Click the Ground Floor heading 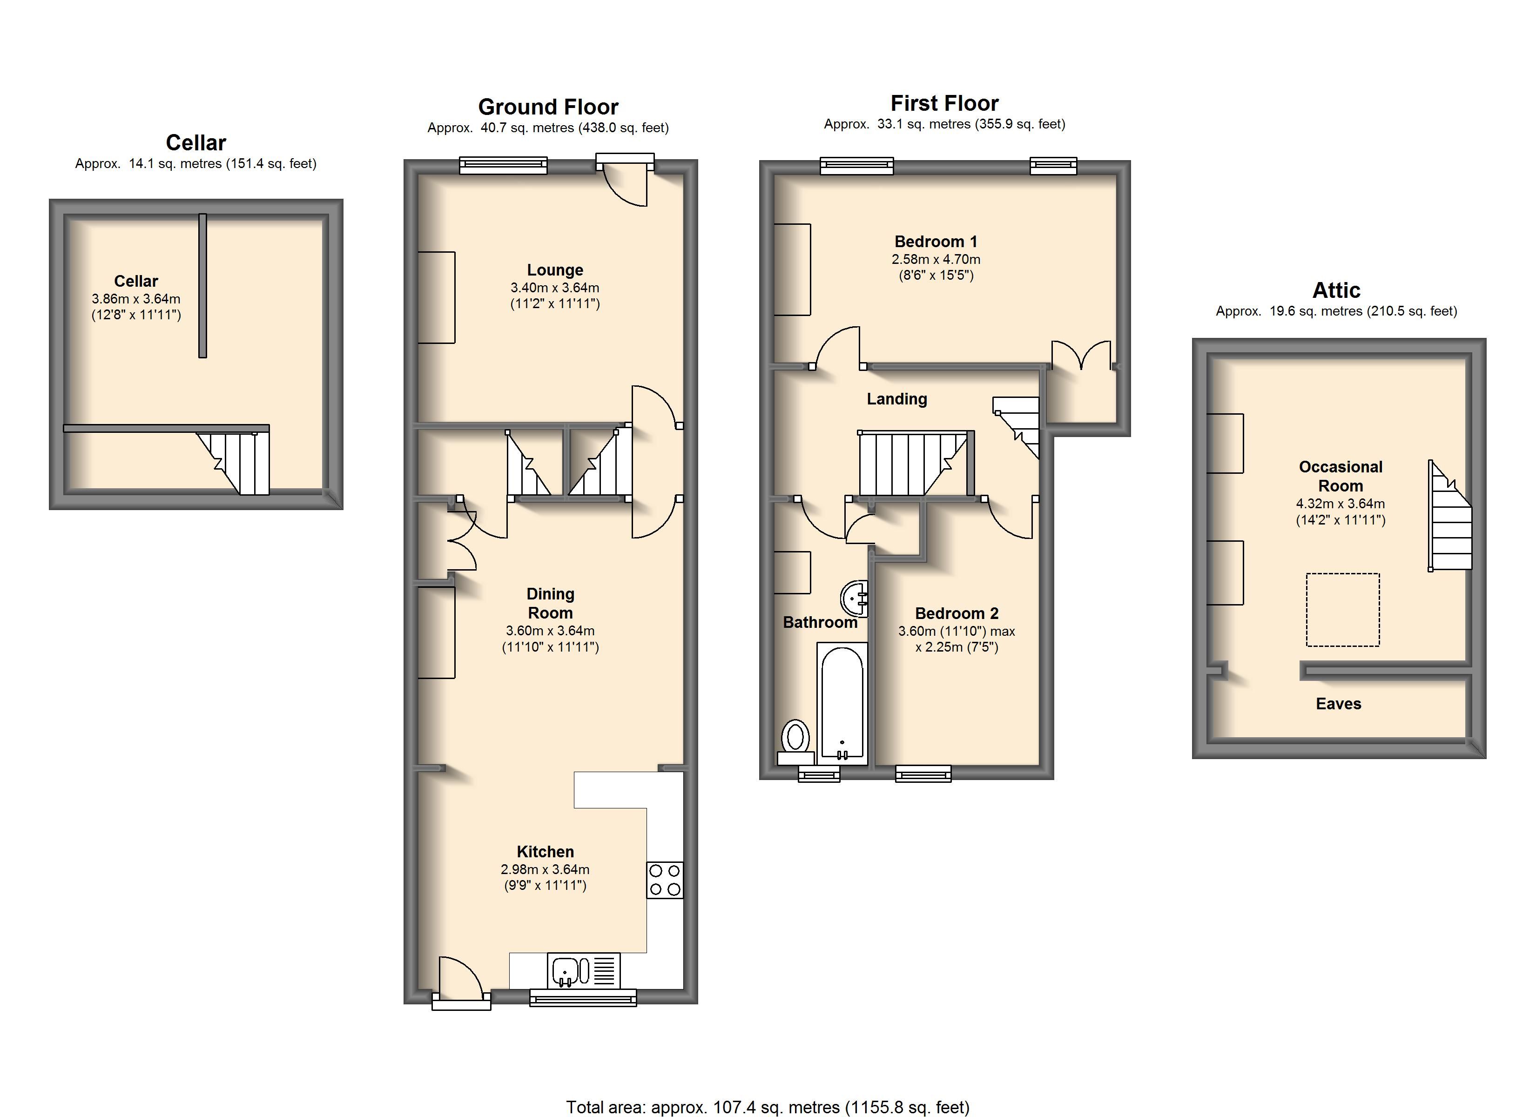[548, 107]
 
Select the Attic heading [1336, 290]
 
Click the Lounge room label [555, 270]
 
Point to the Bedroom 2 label [956, 614]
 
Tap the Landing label [896, 399]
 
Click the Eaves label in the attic [1338, 704]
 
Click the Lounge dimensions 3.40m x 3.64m [555, 288]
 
